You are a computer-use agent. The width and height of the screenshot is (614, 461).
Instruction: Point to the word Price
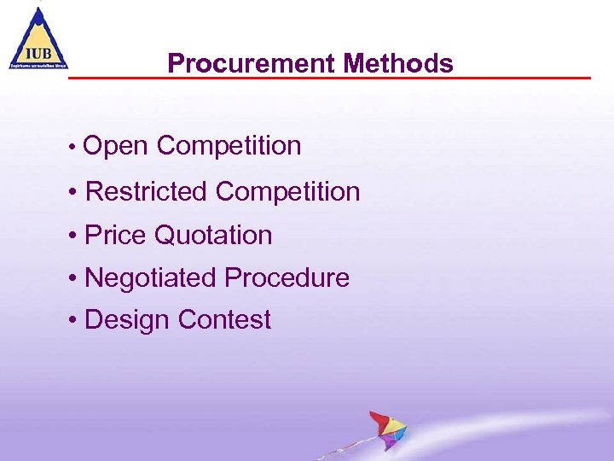coord(116,235)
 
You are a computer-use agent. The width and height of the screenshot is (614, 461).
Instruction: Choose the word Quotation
coord(213,235)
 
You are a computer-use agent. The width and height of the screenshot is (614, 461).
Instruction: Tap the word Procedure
coord(287,277)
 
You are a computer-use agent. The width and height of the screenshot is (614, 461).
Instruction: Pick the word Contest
coord(224,320)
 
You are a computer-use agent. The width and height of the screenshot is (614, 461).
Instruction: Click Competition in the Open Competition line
coord(229,146)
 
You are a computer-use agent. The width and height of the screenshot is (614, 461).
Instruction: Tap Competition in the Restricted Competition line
coord(287,191)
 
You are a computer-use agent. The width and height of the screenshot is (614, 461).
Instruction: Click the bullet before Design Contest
coord(76,321)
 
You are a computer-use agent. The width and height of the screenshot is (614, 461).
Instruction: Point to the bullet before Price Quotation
coord(76,236)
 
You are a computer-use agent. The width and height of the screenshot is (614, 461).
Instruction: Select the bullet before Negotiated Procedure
coord(76,278)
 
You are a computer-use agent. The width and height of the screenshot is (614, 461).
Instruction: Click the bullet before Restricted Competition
coord(76,192)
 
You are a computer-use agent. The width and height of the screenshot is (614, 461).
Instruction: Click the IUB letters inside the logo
coord(38,50)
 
